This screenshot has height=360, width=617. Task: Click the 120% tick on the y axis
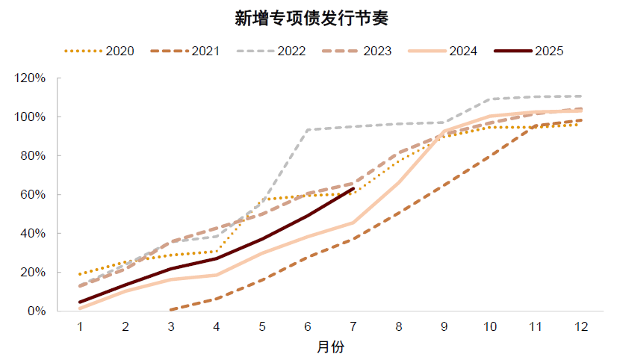tap(32, 78)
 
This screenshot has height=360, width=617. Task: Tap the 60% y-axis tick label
tap(35, 195)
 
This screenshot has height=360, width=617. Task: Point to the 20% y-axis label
tap(35, 272)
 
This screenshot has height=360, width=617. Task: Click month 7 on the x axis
tap(353, 326)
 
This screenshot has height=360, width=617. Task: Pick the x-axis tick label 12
tap(580, 326)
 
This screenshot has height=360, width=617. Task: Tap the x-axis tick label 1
tap(80, 326)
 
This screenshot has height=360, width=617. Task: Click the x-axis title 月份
tap(330, 347)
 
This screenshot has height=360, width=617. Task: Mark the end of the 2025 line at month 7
tap(353, 188)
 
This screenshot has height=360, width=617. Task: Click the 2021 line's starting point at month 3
tap(171, 309)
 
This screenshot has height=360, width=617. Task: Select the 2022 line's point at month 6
tap(308, 130)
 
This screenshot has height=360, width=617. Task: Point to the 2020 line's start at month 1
tap(80, 274)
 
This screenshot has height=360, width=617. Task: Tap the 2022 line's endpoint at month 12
tap(581, 96)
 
